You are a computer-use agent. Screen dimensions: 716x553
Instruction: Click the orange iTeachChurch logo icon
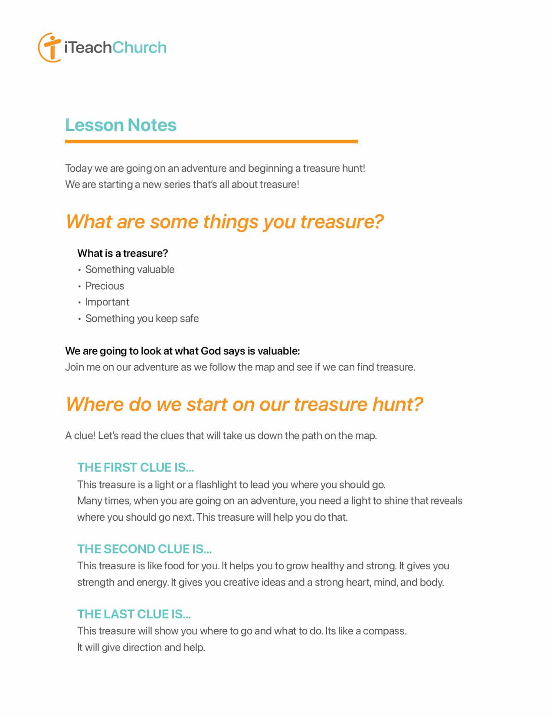point(49,47)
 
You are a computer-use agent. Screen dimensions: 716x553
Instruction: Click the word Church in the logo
point(139,47)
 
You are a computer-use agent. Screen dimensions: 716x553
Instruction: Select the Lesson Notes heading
point(121,125)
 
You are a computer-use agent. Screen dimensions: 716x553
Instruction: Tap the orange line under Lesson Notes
point(211,141)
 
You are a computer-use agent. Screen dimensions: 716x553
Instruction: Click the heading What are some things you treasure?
point(224,222)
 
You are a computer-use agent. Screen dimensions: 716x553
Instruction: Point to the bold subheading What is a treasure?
point(122,253)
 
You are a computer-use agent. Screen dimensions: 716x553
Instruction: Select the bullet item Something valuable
point(130,269)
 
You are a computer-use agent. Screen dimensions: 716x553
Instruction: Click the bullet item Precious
point(105,286)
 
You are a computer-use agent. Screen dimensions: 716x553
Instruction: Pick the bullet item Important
point(107,302)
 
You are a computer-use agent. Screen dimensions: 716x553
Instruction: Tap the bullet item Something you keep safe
point(142,319)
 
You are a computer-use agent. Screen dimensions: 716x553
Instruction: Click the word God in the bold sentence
point(211,351)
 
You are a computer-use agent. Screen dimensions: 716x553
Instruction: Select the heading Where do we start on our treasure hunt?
point(244,404)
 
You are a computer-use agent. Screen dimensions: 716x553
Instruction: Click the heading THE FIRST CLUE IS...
point(135,467)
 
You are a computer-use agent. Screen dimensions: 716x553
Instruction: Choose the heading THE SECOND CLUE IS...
point(144,549)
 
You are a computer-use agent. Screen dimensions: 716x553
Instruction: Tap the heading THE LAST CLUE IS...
point(134,614)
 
